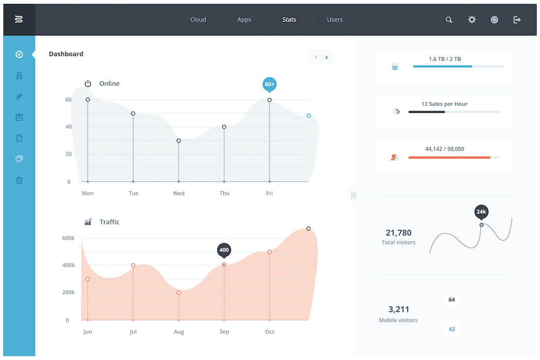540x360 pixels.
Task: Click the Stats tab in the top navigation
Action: (x=289, y=20)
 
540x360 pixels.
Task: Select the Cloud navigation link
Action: (x=198, y=20)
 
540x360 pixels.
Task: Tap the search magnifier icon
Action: (x=449, y=20)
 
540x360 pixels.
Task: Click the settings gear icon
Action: (x=472, y=20)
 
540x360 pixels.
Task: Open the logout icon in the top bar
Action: (x=517, y=20)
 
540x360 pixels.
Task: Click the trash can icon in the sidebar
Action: (x=19, y=180)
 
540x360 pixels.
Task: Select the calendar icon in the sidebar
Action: (x=19, y=117)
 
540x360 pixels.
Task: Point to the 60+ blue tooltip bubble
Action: (x=270, y=85)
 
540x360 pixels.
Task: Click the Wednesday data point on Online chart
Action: (x=178, y=141)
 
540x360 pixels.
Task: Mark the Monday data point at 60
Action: (x=88, y=100)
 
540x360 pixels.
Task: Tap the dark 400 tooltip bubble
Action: (x=224, y=251)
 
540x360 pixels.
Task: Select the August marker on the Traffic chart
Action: (x=178, y=293)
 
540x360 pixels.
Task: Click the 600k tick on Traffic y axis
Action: (x=68, y=238)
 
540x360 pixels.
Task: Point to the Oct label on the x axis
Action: (x=270, y=332)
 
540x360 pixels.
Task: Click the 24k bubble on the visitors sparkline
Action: (x=481, y=212)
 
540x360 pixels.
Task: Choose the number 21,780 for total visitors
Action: (x=399, y=233)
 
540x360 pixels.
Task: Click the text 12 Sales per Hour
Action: (x=444, y=104)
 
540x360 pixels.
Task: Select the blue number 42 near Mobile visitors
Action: (x=452, y=330)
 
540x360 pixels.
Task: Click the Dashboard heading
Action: (x=66, y=54)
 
